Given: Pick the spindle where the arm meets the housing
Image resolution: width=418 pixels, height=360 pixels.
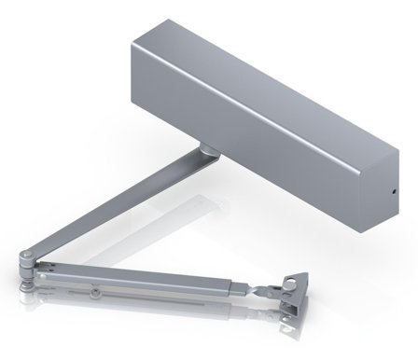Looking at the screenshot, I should click(x=203, y=150).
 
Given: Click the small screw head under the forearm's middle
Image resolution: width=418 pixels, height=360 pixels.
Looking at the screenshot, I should click(x=96, y=293).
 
